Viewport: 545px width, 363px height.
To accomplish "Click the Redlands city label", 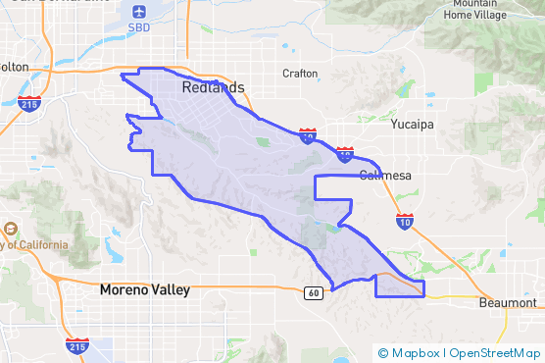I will [213, 88].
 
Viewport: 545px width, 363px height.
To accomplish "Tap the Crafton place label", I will [300, 73].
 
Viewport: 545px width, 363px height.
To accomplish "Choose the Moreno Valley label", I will [145, 290].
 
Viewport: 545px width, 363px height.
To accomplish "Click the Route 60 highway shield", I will [313, 292].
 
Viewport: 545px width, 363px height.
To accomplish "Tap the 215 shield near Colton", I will [30, 101].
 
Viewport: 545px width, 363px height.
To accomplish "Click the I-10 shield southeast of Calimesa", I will [405, 222].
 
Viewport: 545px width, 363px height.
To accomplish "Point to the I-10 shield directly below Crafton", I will [307, 135].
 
